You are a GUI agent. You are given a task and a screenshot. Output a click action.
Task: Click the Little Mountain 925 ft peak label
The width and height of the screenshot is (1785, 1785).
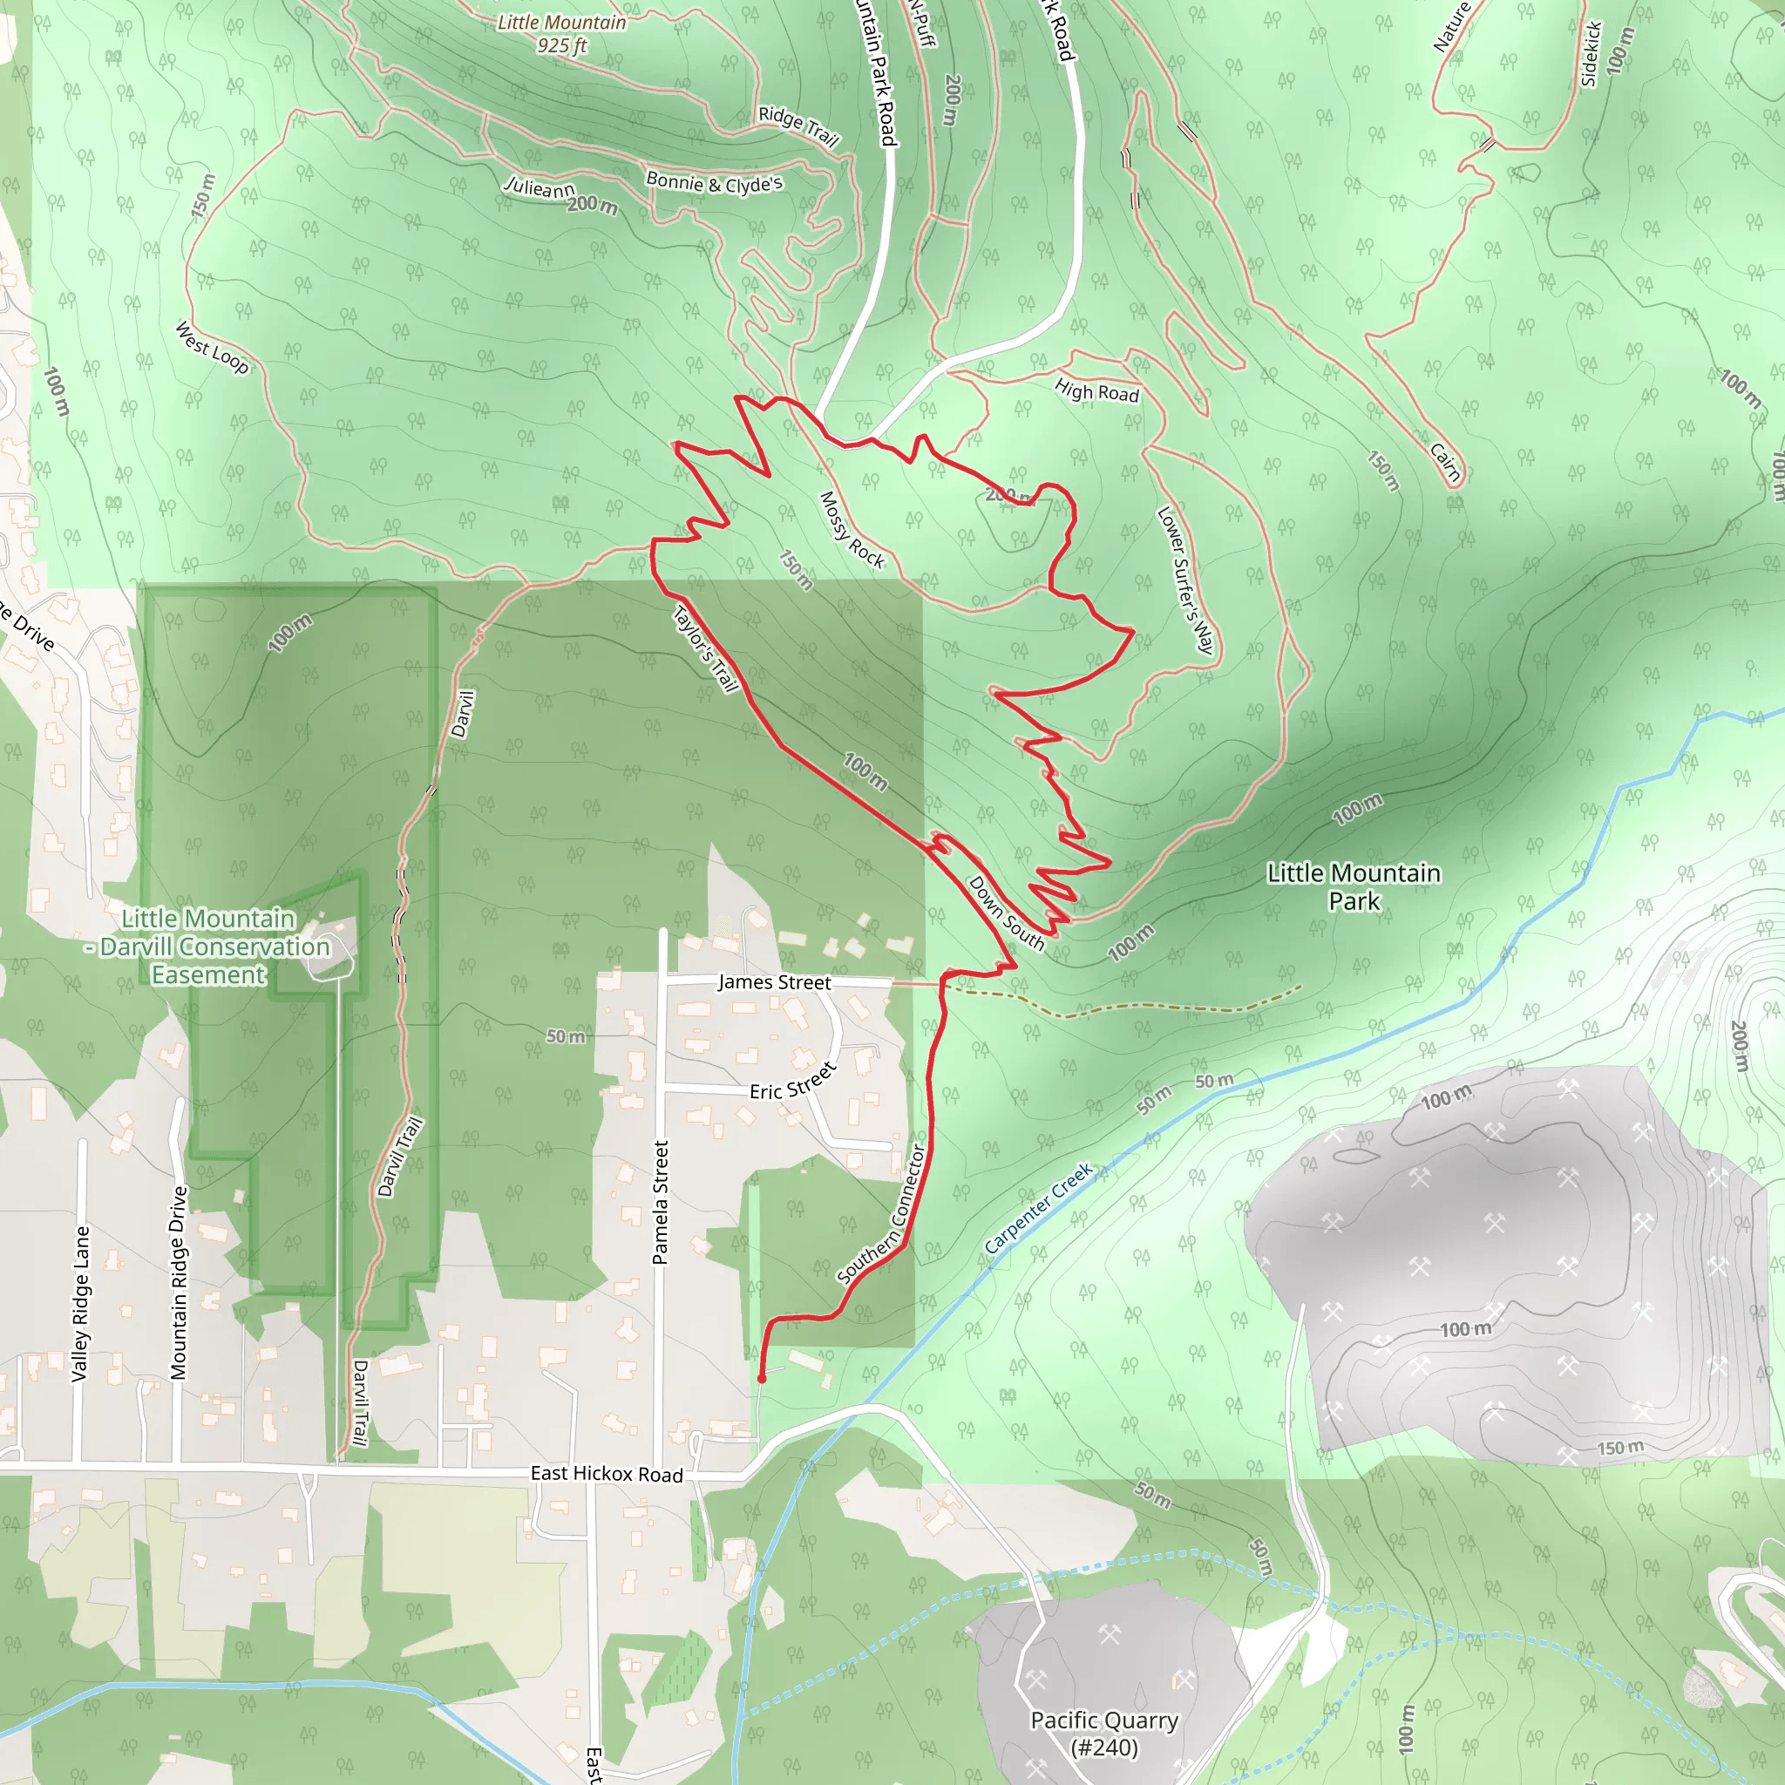tap(560, 34)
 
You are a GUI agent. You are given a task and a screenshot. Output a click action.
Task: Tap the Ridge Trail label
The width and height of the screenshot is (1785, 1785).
tap(798, 126)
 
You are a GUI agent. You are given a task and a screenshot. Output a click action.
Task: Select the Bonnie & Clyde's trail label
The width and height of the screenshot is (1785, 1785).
tap(714, 182)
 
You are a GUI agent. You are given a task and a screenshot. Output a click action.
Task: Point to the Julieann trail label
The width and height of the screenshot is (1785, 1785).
tap(539, 187)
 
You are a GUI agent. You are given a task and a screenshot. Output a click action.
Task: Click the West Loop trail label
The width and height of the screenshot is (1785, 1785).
tap(213, 348)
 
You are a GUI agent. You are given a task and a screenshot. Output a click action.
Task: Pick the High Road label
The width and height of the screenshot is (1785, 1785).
tap(1096, 391)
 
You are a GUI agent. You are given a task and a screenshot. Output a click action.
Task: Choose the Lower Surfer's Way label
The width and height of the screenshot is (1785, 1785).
tap(1185, 580)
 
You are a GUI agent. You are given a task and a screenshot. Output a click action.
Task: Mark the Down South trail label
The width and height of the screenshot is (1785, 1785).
tap(1006, 913)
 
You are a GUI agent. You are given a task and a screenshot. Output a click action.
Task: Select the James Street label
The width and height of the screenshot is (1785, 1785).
tap(774, 982)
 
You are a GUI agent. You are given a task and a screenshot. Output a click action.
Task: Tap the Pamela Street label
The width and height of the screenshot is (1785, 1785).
tap(661, 1202)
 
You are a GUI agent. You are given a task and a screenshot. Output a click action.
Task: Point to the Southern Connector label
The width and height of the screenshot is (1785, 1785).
tap(881, 1214)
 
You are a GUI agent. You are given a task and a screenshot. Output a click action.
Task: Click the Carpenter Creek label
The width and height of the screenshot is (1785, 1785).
tap(1038, 1207)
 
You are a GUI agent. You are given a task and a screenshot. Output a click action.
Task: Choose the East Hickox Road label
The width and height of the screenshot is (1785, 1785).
tap(606, 1474)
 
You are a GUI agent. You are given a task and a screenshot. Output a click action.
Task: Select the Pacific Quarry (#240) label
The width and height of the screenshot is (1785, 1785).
tap(1104, 1734)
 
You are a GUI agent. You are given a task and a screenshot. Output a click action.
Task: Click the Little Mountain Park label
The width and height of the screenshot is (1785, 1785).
tap(1354, 886)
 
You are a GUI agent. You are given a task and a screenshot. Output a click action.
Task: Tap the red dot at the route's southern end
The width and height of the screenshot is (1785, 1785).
tap(761, 1379)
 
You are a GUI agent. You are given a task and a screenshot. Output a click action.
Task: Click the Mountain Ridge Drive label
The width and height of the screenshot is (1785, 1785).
tap(180, 1283)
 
